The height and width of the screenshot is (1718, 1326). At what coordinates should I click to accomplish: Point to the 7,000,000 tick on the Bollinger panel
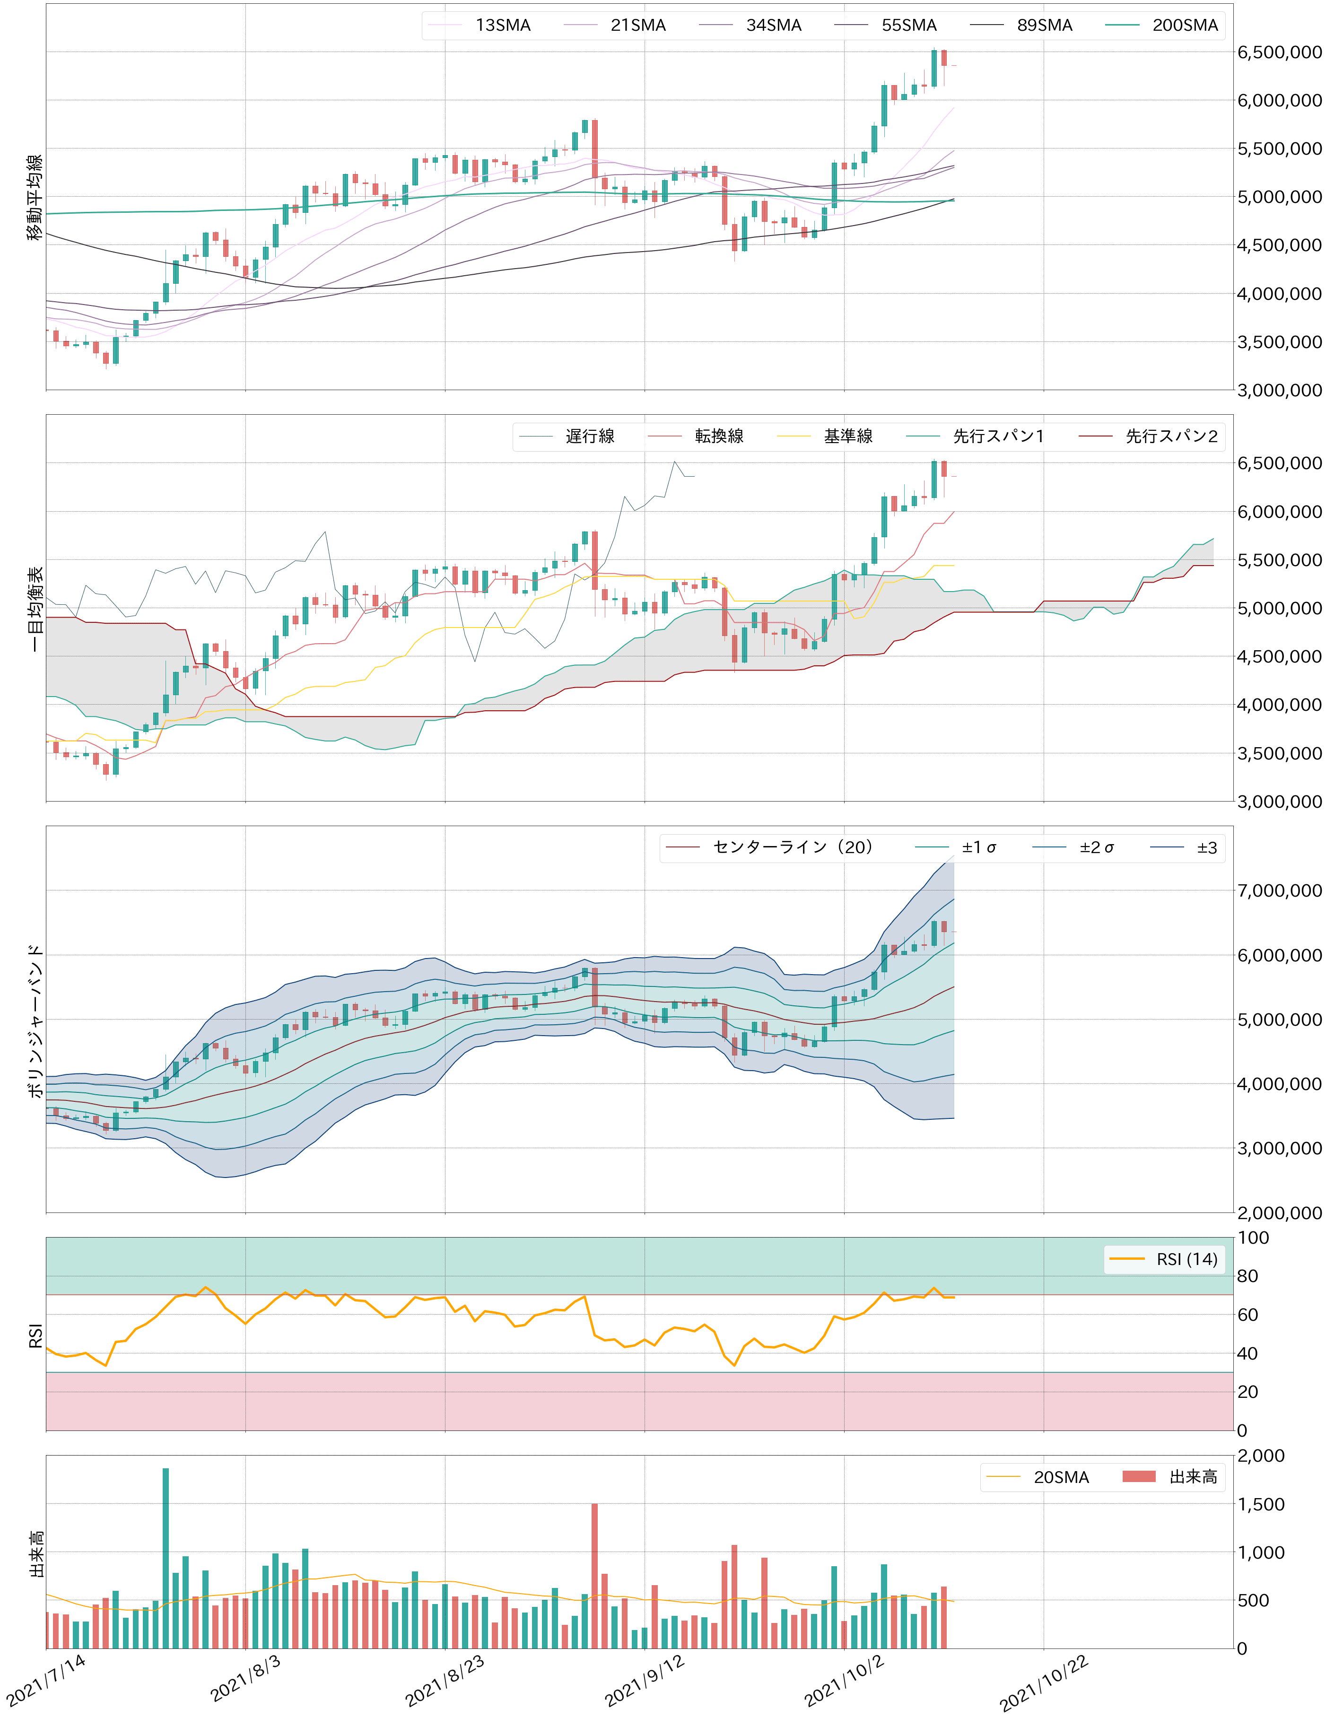[1279, 890]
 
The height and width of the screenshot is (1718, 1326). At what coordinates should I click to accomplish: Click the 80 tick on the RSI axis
[1247, 1276]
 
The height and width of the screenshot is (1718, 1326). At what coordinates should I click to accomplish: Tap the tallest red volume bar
[594, 1576]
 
